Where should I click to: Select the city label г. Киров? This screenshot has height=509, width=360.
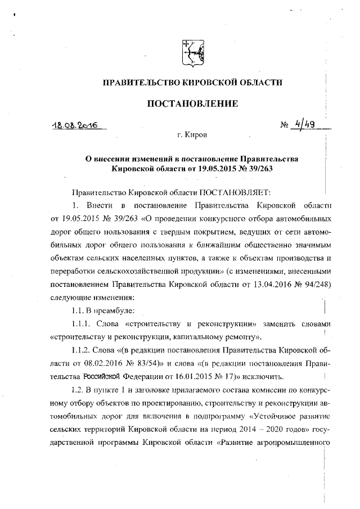tap(192, 136)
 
